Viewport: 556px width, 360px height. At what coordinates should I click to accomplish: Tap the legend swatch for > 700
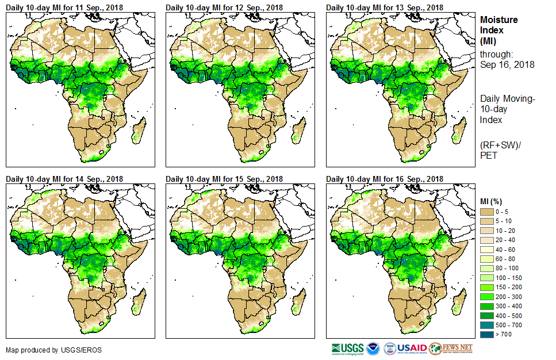point(488,334)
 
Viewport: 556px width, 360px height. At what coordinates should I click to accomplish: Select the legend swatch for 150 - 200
point(488,287)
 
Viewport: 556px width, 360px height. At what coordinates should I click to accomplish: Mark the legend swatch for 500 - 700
point(488,325)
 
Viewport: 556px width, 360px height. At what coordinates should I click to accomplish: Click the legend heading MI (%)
point(492,201)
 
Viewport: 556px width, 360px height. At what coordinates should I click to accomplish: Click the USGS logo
point(348,348)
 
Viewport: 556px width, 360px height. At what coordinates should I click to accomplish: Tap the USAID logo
point(412,348)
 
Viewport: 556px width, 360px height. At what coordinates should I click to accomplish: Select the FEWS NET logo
point(451,348)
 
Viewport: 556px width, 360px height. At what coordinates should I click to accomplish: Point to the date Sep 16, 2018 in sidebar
point(507,64)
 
